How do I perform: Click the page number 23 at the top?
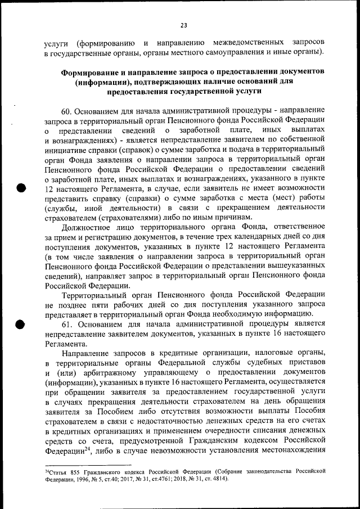point(183,25)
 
